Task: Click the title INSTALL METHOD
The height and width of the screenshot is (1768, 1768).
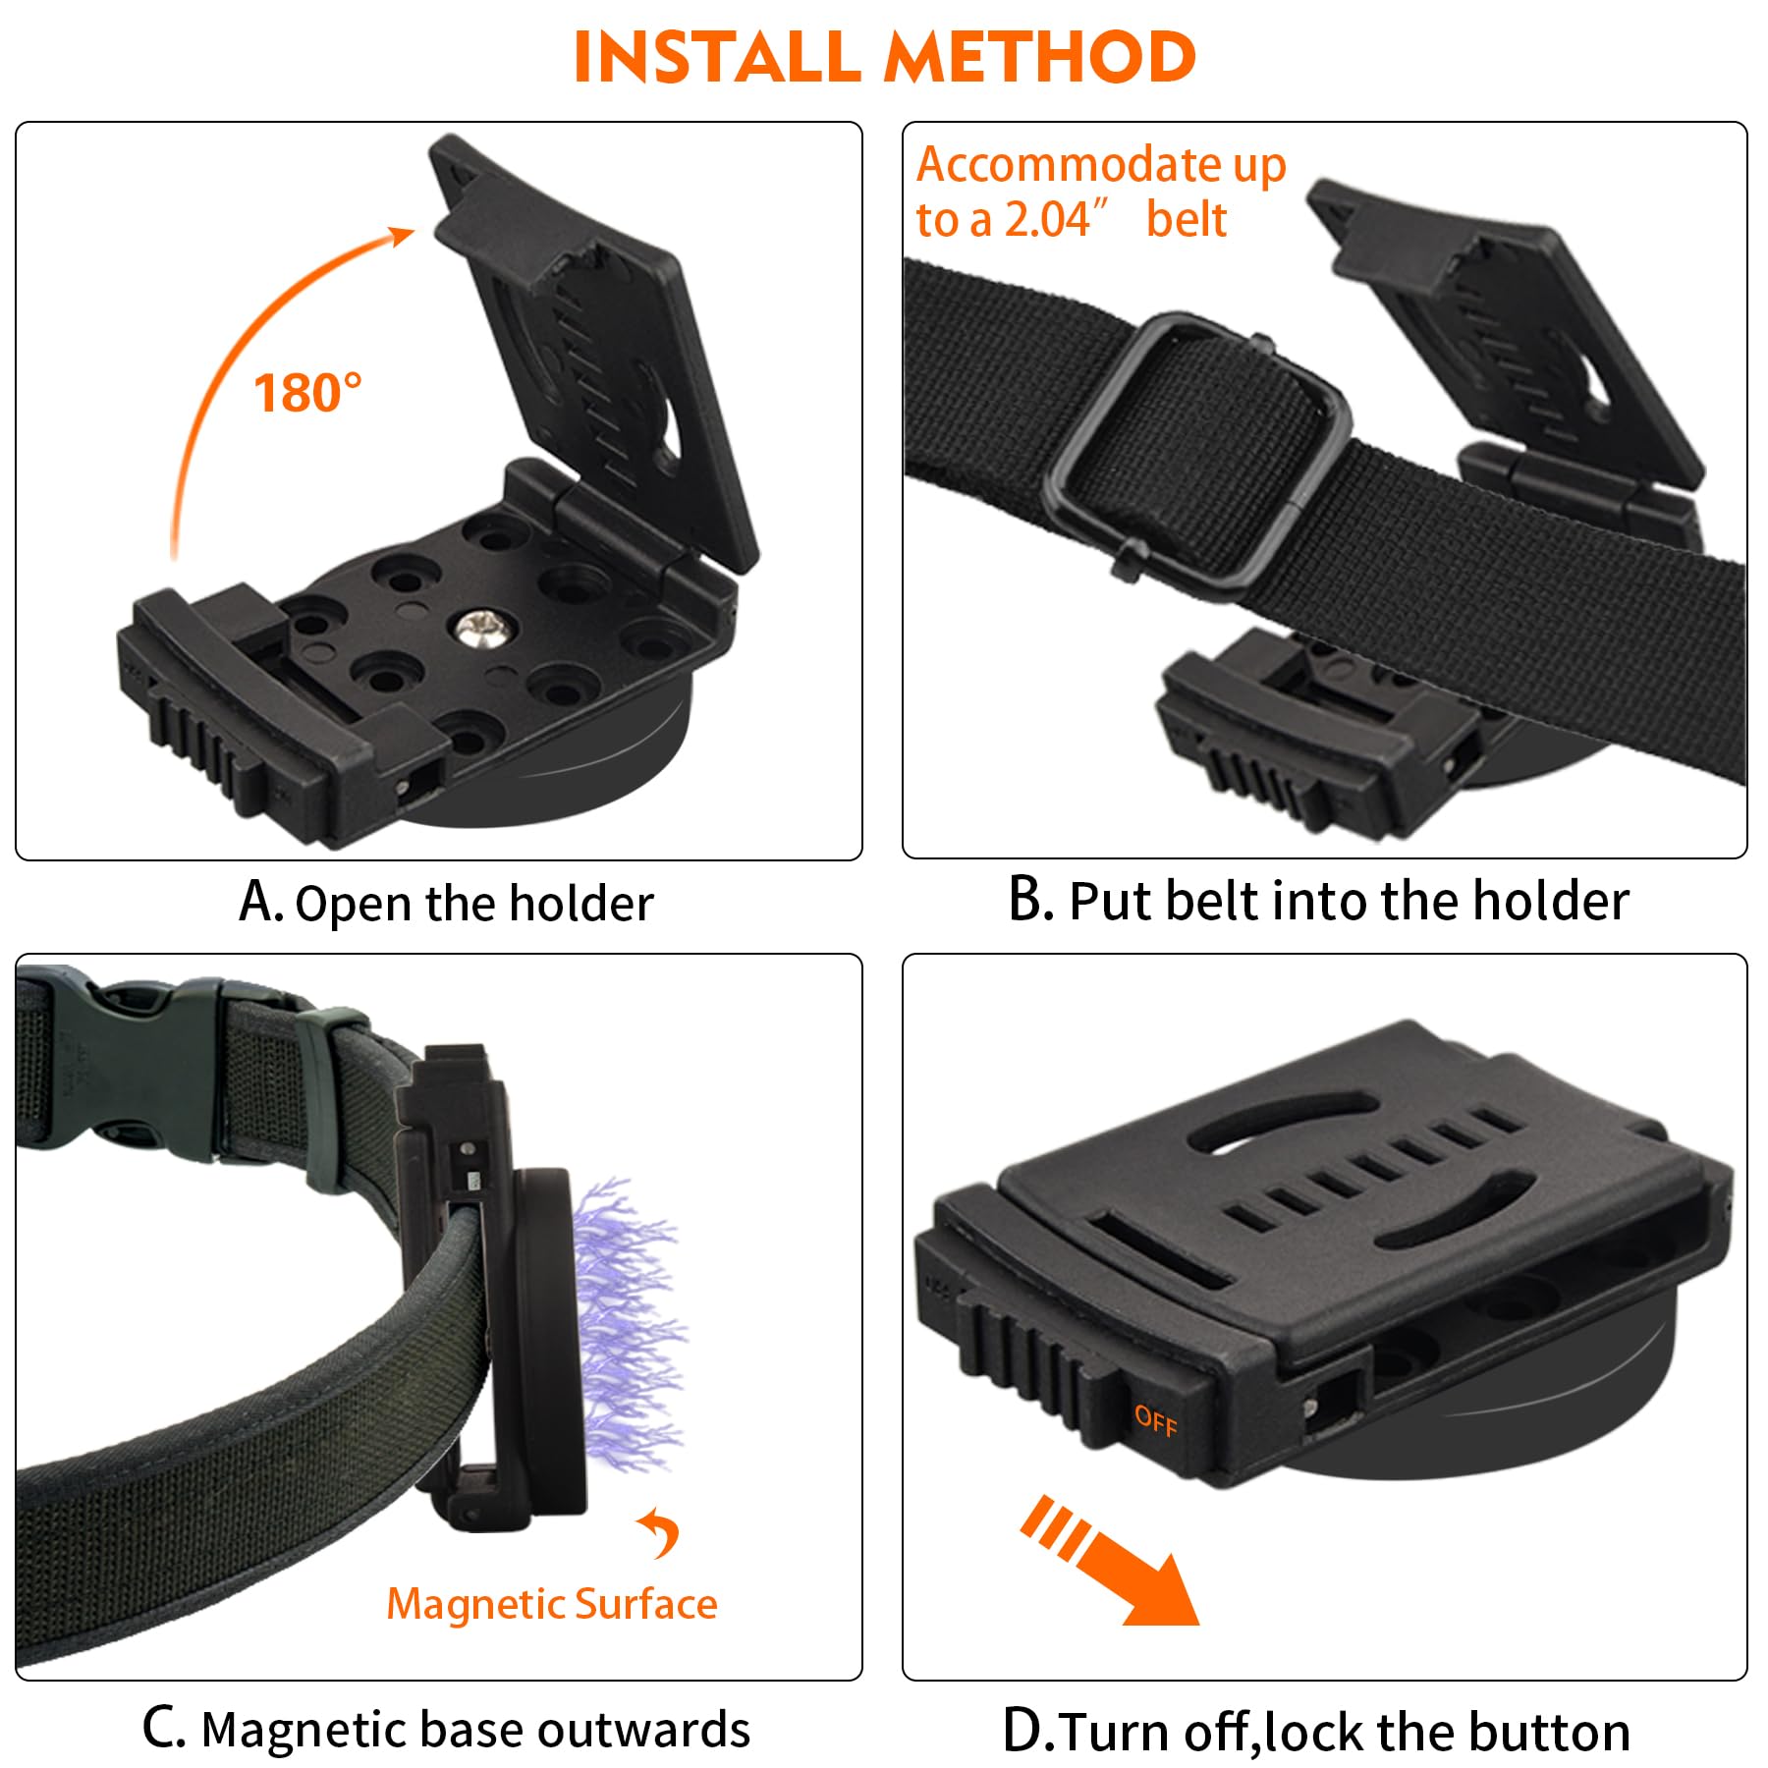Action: [x=884, y=57]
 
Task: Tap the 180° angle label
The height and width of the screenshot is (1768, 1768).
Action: [x=307, y=393]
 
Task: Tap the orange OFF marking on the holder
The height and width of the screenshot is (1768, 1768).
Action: [x=1155, y=1420]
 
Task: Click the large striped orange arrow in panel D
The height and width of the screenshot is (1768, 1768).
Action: [x=1110, y=1561]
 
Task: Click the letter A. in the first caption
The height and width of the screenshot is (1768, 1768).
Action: [x=261, y=902]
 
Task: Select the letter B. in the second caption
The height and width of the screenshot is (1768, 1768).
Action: [x=1030, y=899]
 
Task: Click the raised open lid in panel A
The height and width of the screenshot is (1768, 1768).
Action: [x=594, y=354]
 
